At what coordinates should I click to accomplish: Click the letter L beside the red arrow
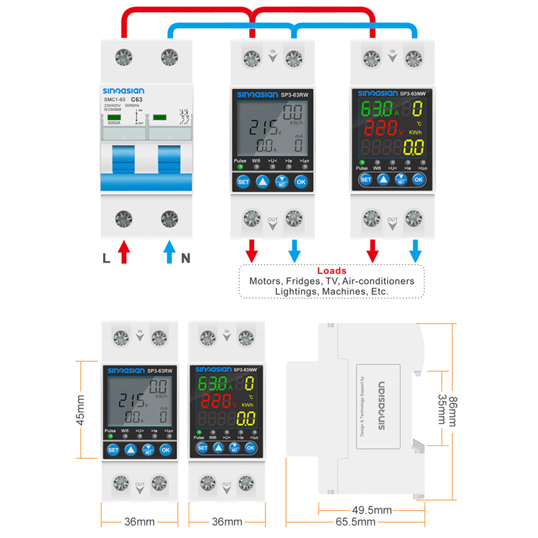click(x=107, y=258)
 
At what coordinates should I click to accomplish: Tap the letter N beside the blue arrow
click(x=185, y=258)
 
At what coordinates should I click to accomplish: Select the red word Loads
click(x=332, y=271)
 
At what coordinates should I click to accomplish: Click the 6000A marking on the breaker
click(x=115, y=123)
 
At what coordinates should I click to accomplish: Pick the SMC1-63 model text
click(x=115, y=100)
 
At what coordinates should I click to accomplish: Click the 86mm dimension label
click(x=452, y=411)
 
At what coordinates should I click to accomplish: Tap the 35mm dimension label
click(x=441, y=409)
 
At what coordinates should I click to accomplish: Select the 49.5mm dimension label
click(x=372, y=510)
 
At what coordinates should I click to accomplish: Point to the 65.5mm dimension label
click(x=355, y=522)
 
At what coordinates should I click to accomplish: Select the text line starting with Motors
click(x=332, y=281)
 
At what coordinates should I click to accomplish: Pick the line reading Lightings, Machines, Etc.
click(x=332, y=291)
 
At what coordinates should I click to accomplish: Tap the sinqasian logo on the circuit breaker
click(x=124, y=91)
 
